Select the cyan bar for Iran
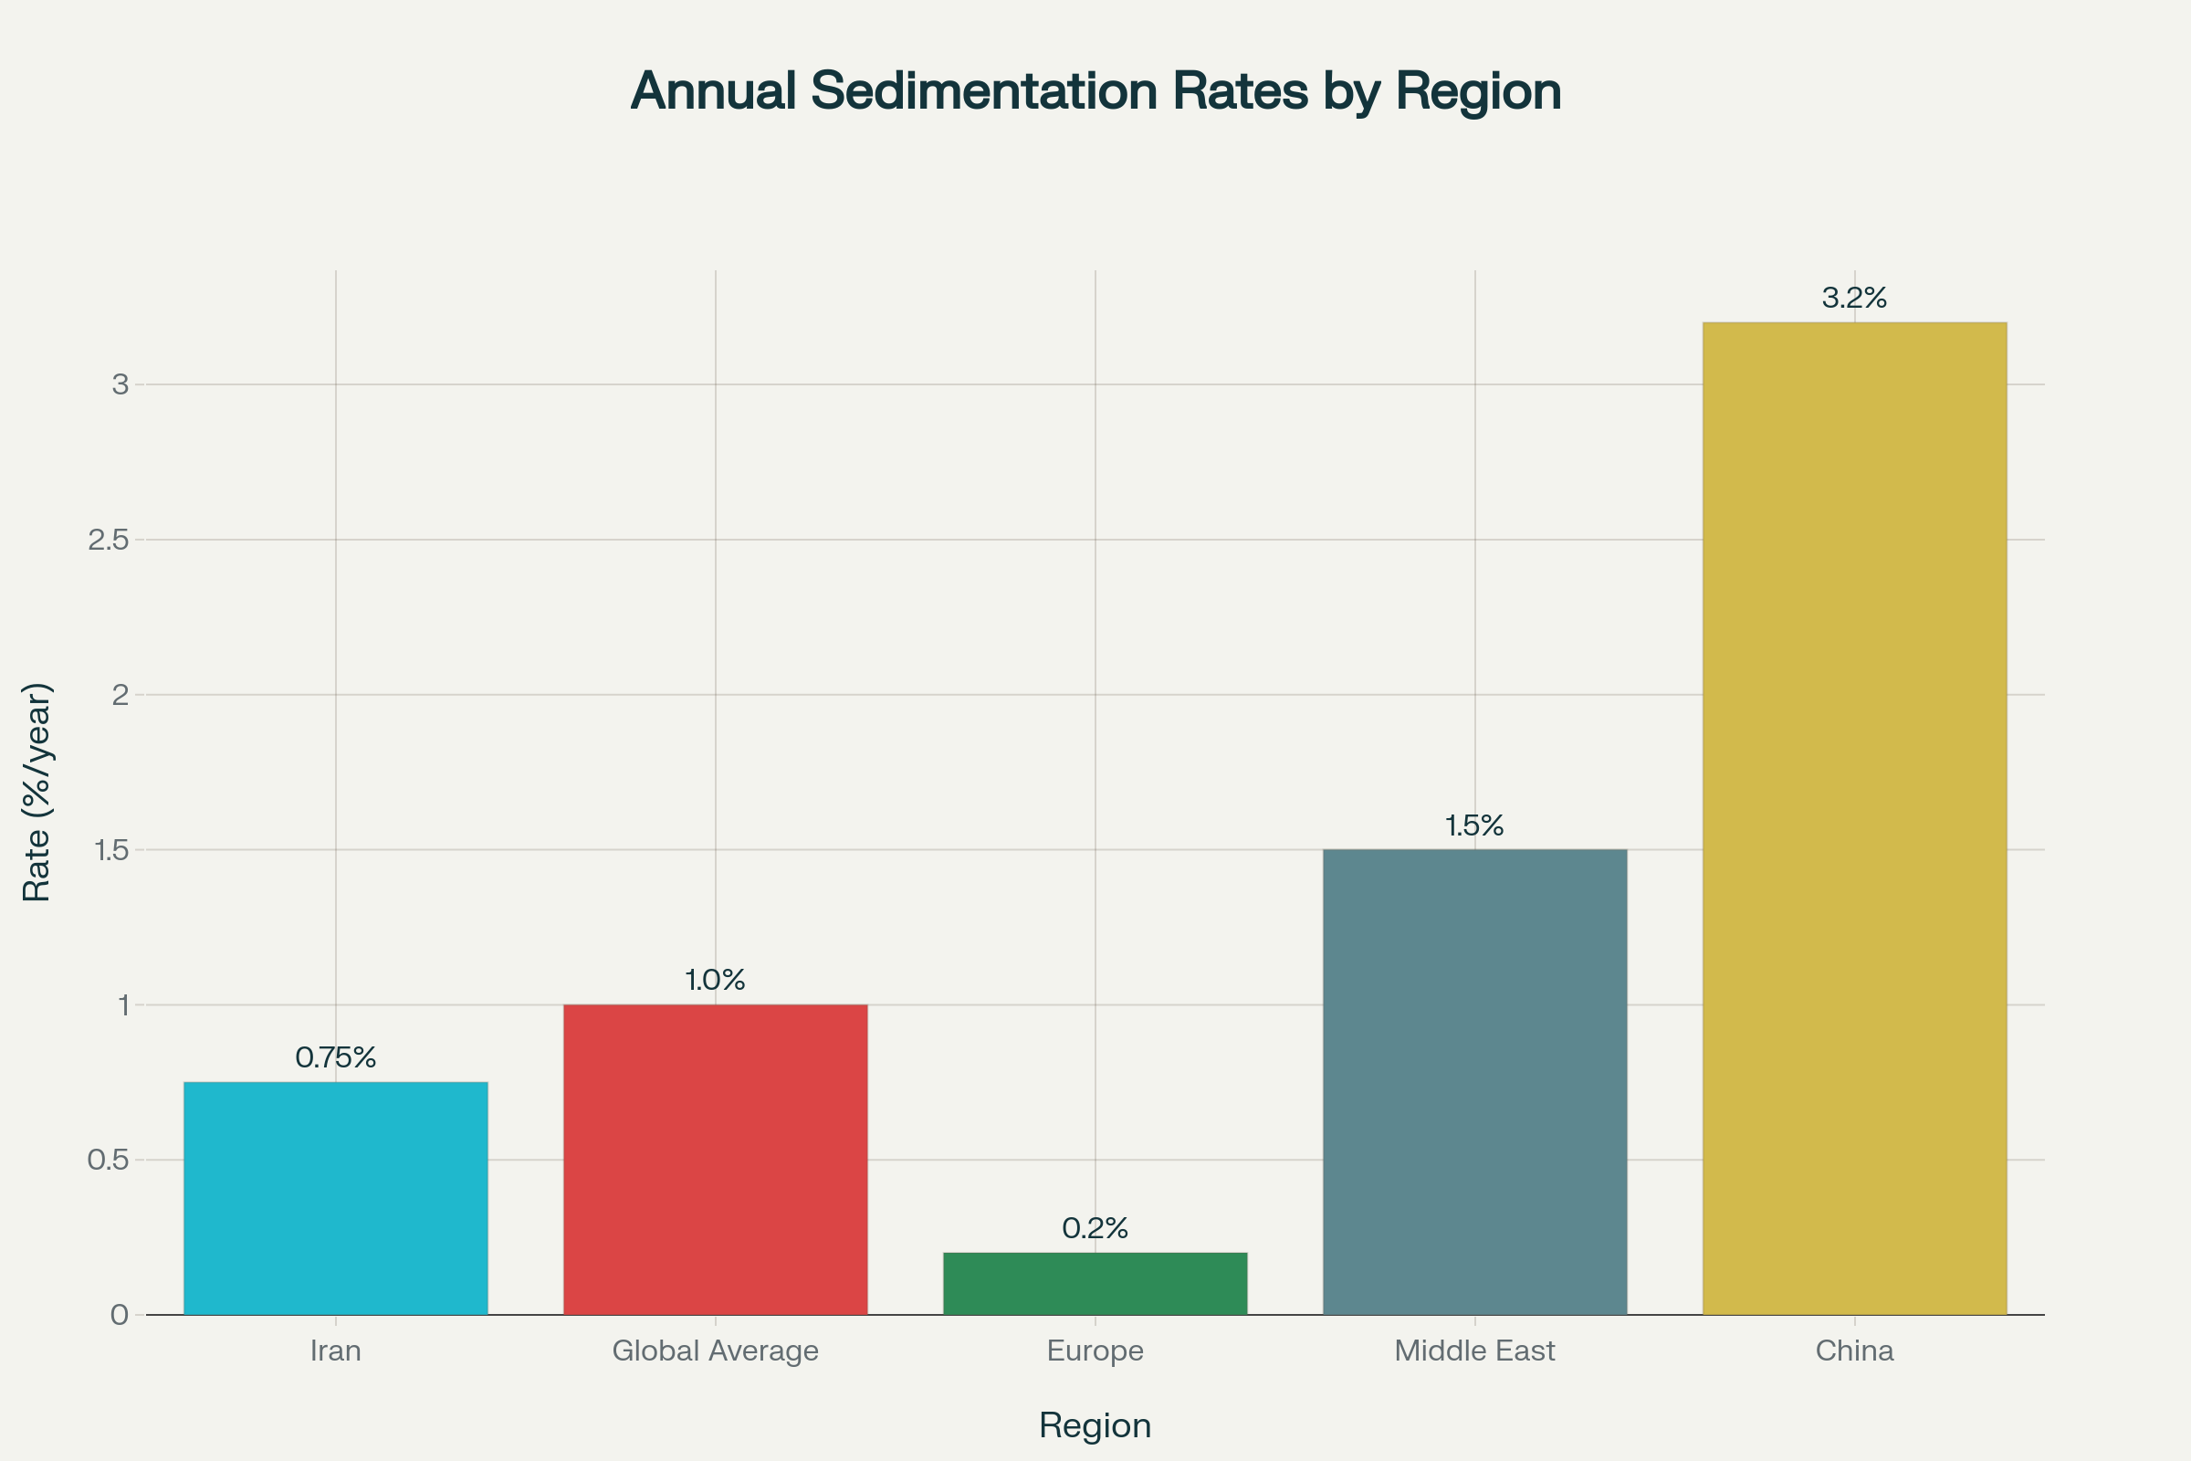pyautogui.click(x=335, y=1198)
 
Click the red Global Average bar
pyautogui.click(x=716, y=1159)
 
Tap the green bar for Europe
pyautogui.click(x=1095, y=1284)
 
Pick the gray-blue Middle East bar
pyautogui.click(x=1474, y=1082)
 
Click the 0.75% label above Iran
pyautogui.click(x=335, y=1057)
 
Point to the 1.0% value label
pyautogui.click(x=716, y=980)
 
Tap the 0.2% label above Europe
pyautogui.click(x=1095, y=1229)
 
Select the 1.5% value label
pyautogui.click(x=1474, y=825)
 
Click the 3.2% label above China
pyautogui.click(x=1854, y=299)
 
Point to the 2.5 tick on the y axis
pyautogui.click(x=108, y=540)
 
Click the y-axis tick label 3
pyautogui.click(x=121, y=384)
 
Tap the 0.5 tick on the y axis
pyautogui.click(x=108, y=1160)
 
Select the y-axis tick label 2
pyautogui.click(x=121, y=694)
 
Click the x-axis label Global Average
pyautogui.click(x=716, y=1351)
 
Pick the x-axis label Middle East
pyautogui.click(x=1474, y=1351)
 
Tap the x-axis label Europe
pyautogui.click(x=1095, y=1351)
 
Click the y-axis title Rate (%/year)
pyautogui.click(x=37, y=792)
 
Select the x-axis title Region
pyautogui.click(x=1095, y=1425)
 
